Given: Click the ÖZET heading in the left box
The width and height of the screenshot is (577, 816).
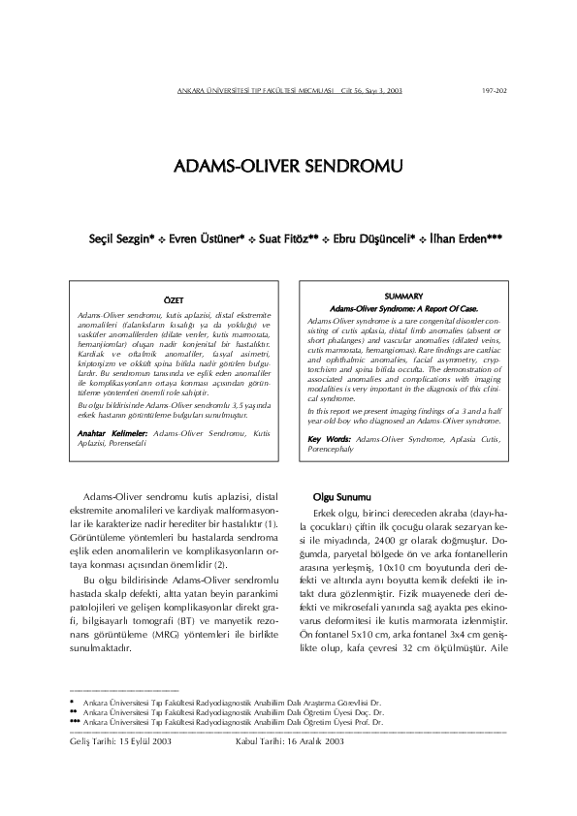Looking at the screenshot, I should (176, 301).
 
